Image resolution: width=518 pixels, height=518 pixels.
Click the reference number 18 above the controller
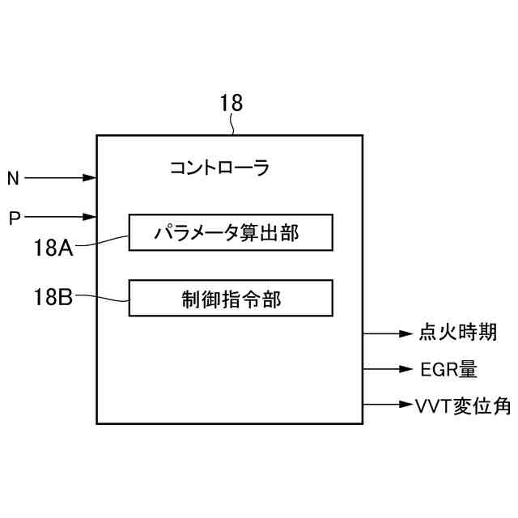point(231,103)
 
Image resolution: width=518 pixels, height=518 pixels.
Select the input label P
point(13,218)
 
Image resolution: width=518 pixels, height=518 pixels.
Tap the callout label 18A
point(53,247)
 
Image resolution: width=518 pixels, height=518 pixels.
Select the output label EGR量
point(449,370)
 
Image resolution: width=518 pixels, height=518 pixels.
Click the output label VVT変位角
point(462,405)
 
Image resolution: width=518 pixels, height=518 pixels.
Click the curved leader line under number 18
point(233,124)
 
